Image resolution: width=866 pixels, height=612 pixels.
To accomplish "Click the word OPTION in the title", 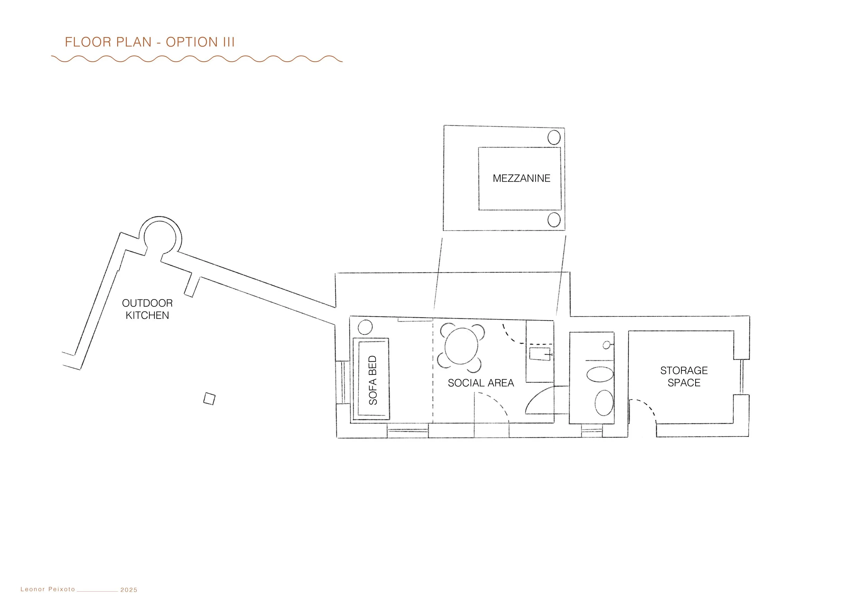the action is point(192,42).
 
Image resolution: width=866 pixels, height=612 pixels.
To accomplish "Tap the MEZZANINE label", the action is point(521,178).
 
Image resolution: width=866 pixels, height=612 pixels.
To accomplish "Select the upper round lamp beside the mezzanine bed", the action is point(554,137).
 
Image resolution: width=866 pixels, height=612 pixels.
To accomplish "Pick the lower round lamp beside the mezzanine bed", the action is point(554,219).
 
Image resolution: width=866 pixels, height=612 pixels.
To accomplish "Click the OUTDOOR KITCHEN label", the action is point(147,309).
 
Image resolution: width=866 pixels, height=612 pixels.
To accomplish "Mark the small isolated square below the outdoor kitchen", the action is point(209,398).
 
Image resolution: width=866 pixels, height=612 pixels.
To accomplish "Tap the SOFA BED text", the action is point(373,380).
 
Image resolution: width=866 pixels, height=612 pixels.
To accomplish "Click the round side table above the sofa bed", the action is point(365,327).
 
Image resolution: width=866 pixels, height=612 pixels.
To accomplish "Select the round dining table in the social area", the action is point(461,346).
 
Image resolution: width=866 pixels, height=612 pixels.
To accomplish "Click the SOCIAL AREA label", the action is point(480,383).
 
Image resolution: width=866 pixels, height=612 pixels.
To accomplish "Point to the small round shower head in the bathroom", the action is point(606,345).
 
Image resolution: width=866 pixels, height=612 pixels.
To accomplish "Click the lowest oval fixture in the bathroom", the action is point(604,403).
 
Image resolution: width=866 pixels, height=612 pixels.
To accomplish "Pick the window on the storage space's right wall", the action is point(742,377).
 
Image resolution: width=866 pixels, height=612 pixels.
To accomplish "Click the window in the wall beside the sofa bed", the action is point(343,382).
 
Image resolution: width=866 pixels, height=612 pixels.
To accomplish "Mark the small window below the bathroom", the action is point(591,431).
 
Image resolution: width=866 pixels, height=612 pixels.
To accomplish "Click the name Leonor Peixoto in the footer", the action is point(48,589).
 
